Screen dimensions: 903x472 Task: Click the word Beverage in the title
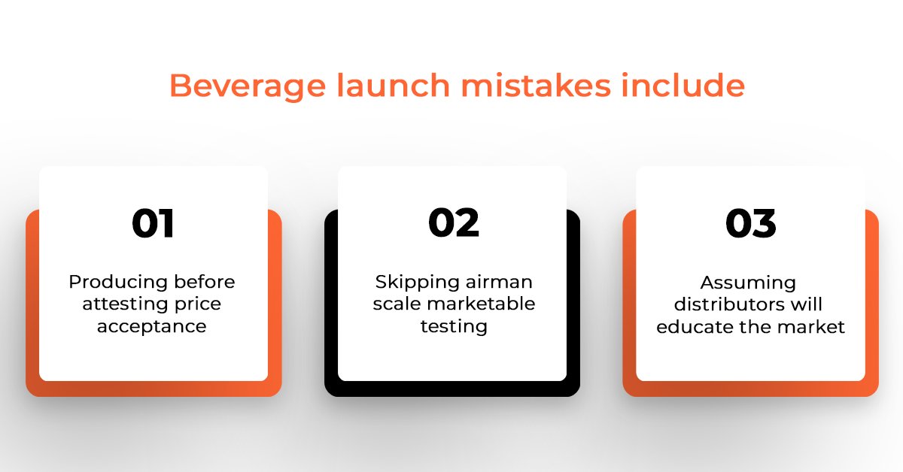(x=248, y=86)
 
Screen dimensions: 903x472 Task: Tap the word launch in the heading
(x=393, y=85)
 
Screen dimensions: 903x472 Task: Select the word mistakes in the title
(x=536, y=85)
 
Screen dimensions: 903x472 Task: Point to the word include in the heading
(x=683, y=85)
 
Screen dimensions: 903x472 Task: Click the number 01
(x=153, y=223)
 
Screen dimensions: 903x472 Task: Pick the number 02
(x=454, y=222)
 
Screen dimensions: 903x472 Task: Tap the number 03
(x=751, y=223)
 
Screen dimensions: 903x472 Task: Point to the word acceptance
(x=151, y=327)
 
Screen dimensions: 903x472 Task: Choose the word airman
(x=499, y=283)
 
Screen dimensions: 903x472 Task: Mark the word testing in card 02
(x=454, y=327)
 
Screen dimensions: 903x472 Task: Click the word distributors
(x=728, y=304)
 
